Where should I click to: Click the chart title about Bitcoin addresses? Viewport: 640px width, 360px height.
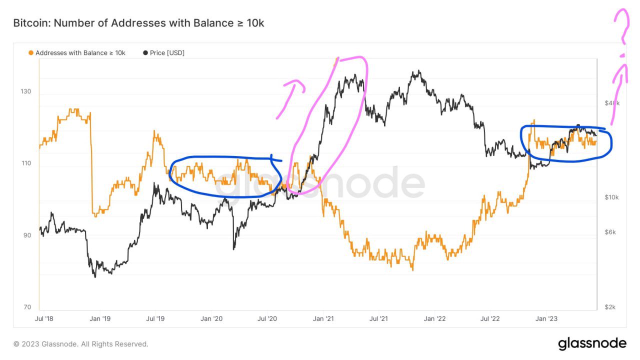click(x=138, y=23)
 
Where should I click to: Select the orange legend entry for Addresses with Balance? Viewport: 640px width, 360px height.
click(x=77, y=52)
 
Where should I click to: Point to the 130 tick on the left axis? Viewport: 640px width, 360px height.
click(x=25, y=91)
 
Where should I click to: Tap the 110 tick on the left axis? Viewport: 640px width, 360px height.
click(x=25, y=163)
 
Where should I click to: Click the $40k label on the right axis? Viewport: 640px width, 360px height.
click(x=612, y=103)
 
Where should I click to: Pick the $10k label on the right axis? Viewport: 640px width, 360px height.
click(x=611, y=197)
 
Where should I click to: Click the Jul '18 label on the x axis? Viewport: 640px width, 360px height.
click(x=44, y=318)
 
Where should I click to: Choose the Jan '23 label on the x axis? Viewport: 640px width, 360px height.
click(x=549, y=318)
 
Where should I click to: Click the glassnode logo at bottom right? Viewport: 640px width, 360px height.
click(x=592, y=343)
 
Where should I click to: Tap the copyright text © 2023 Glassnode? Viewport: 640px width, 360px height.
click(x=81, y=344)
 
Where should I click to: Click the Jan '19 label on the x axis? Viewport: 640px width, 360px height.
click(x=100, y=318)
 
